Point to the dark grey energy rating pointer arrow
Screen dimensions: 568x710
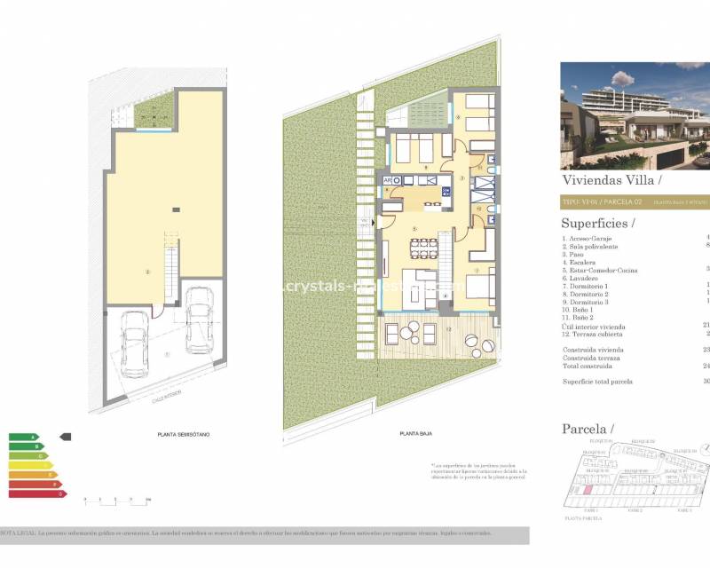[64, 437]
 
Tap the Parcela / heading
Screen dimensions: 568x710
[588, 429]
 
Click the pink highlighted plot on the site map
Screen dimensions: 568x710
[585, 488]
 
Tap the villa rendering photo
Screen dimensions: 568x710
[635, 115]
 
